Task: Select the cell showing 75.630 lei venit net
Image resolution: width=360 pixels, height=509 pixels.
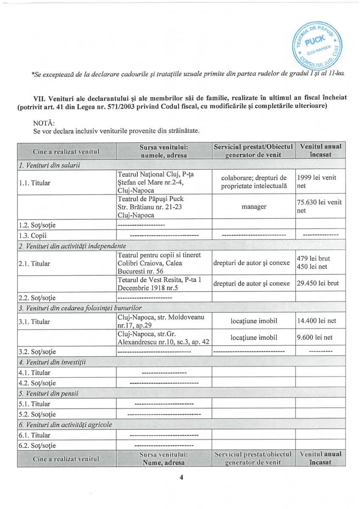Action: coord(319,206)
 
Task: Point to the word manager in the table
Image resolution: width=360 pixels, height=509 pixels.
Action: coord(254,207)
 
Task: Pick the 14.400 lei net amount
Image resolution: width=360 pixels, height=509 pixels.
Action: coord(317,321)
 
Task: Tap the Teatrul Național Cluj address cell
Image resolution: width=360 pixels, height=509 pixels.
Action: coord(164,182)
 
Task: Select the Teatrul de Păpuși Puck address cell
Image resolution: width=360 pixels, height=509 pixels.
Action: coord(164,207)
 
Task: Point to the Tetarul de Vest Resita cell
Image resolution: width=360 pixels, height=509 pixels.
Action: coord(164,283)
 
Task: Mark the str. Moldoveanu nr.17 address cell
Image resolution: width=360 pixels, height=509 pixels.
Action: coord(164,321)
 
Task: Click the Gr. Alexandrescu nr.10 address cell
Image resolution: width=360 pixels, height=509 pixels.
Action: coord(164,338)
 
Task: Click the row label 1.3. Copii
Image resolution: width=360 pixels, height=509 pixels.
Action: coord(32,235)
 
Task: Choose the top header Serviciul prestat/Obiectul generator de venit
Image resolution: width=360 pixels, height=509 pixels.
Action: coord(254,151)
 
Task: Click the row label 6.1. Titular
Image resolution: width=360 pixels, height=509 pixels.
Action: coord(34,435)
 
